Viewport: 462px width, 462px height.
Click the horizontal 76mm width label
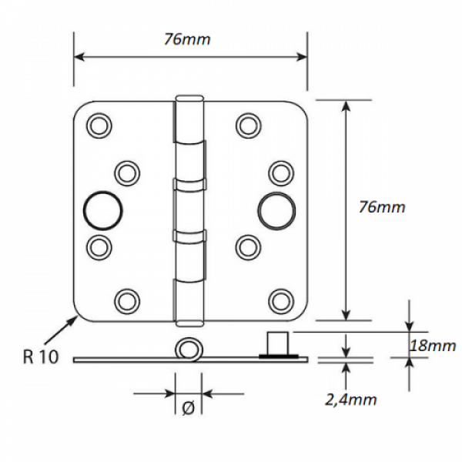pyautogui.click(x=187, y=39)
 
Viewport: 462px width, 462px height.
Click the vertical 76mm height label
pyautogui.click(x=382, y=207)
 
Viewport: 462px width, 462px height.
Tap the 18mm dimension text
pyautogui.click(x=433, y=345)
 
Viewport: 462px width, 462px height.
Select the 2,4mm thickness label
pyautogui.click(x=351, y=400)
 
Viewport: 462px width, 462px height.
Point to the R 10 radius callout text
pyautogui.click(x=41, y=357)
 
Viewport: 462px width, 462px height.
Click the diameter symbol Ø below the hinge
pyautogui.click(x=189, y=408)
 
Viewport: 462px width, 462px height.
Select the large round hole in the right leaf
pyautogui.click(x=276, y=211)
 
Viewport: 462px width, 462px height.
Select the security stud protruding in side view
pyautogui.click(x=277, y=343)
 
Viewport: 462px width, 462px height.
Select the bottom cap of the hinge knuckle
pyautogui.click(x=189, y=323)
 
